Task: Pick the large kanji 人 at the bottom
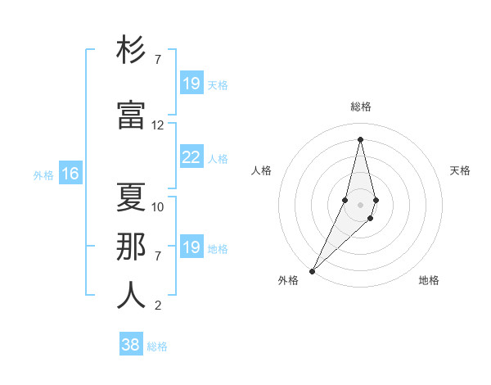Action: [x=131, y=295]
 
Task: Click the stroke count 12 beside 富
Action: [x=158, y=125]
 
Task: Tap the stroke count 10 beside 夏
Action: [x=158, y=207]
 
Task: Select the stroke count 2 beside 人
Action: [x=158, y=306]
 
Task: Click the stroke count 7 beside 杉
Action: [x=158, y=60]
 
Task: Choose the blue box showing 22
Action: [x=191, y=157]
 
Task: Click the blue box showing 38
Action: [x=130, y=345]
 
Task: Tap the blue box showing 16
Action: [x=70, y=174]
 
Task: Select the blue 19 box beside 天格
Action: [x=191, y=84]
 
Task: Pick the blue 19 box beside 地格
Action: [x=191, y=247]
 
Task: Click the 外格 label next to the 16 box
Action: [x=43, y=174]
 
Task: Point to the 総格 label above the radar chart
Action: [x=360, y=106]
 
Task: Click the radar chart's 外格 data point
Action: [x=312, y=270]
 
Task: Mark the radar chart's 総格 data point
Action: [x=360, y=138]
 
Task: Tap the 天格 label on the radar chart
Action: [x=460, y=170]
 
